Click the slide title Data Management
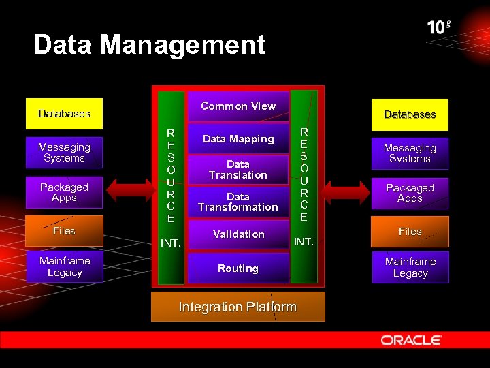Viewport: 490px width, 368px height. [149, 46]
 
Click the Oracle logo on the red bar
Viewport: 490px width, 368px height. [411, 339]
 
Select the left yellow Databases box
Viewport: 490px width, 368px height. [64, 114]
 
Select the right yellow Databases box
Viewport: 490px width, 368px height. [410, 114]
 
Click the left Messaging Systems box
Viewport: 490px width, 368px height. [64, 153]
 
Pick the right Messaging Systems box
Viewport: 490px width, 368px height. [410, 153]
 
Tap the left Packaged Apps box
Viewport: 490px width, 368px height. [64, 192]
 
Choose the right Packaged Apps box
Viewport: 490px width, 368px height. [410, 193]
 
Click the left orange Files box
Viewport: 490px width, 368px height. [64, 231]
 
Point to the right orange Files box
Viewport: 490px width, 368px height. [410, 232]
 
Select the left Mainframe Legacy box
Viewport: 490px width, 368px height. [64, 266]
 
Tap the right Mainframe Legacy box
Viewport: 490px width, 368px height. [410, 267]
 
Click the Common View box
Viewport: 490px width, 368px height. [238, 106]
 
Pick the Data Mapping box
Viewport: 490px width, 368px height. [238, 139]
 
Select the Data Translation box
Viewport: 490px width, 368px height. [238, 170]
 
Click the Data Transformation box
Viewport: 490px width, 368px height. [238, 202]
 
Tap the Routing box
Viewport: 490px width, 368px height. [238, 269]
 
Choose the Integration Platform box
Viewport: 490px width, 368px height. [238, 307]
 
